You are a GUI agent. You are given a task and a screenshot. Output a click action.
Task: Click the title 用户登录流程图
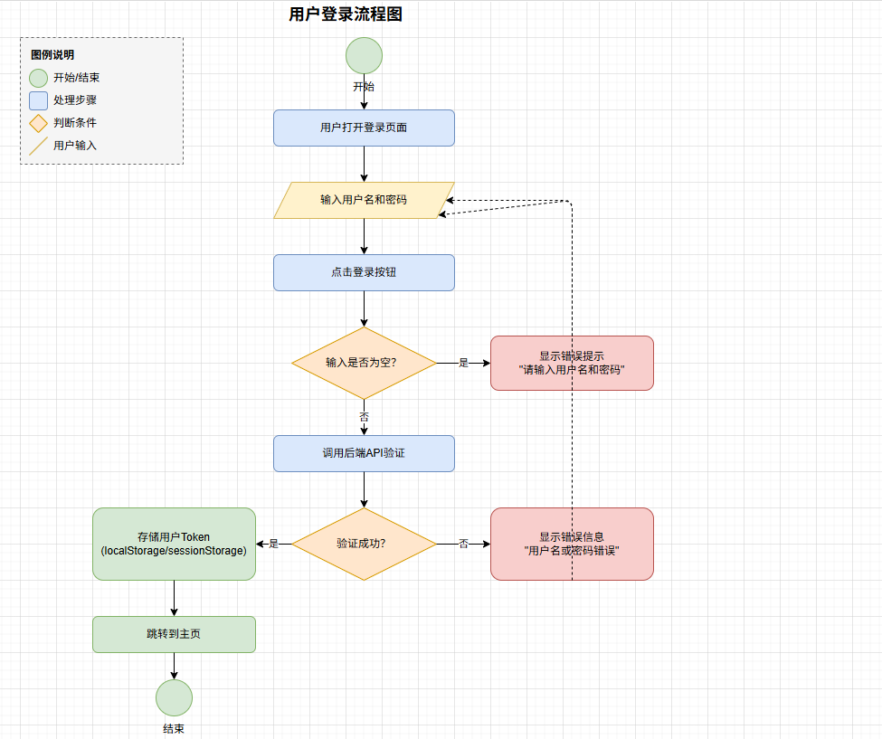tap(346, 14)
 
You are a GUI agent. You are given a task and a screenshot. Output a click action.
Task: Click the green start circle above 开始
tap(364, 55)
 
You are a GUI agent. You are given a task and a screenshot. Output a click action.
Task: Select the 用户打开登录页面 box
tap(364, 128)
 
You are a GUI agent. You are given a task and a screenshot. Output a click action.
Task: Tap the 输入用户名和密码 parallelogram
tap(364, 200)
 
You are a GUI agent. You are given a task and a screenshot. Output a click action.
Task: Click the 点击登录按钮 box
tap(364, 272)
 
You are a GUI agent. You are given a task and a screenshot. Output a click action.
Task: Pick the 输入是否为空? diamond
tap(364, 363)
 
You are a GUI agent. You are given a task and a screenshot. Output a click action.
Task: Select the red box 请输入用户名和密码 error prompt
tap(572, 363)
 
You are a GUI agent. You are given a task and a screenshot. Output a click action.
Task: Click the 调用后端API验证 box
tap(364, 453)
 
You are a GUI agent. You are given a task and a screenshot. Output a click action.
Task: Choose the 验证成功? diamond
tap(364, 544)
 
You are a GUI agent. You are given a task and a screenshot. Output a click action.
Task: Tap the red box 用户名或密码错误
tap(572, 544)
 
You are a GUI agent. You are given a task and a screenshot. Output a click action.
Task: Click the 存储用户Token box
tap(174, 544)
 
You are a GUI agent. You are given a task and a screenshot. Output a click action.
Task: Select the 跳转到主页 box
tap(174, 634)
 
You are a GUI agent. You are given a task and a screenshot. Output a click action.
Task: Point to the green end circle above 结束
tap(174, 697)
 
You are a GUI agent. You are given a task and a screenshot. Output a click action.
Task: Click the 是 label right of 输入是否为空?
tap(463, 363)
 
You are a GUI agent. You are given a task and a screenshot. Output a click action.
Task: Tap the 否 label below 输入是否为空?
tap(364, 417)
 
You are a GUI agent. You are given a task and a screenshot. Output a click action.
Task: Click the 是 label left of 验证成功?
tap(273, 544)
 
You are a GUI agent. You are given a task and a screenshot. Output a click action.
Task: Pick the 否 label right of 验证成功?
tap(463, 544)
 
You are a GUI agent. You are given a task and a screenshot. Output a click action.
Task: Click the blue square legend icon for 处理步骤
tap(38, 100)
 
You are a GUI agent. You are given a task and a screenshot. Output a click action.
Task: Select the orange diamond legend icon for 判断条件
tap(38, 123)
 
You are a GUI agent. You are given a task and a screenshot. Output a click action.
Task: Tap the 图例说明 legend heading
tap(52, 55)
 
